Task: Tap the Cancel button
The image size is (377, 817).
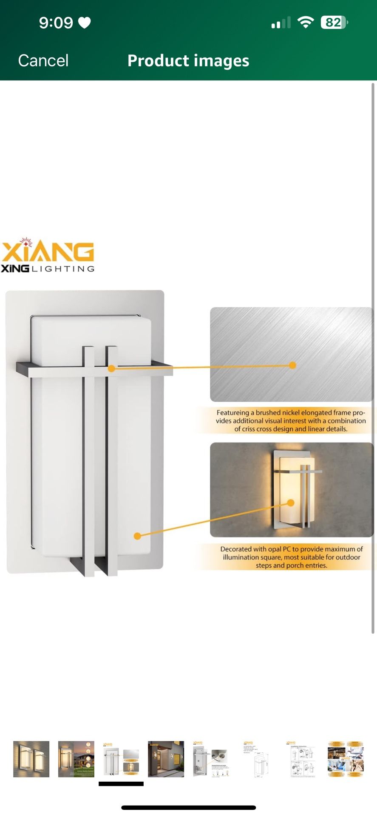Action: pyautogui.click(x=43, y=61)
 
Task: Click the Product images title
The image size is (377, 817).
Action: pyautogui.click(x=188, y=61)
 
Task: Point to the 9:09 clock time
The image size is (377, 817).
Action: pyautogui.click(x=56, y=23)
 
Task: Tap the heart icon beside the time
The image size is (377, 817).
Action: pyautogui.click(x=85, y=23)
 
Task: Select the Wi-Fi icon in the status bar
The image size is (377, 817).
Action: pyautogui.click(x=305, y=22)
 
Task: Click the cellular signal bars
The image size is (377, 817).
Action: pyautogui.click(x=281, y=23)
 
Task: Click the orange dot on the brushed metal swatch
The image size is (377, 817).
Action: pyautogui.click(x=292, y=365)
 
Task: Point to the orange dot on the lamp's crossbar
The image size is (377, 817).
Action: pyautogui.click(x=111, y=369)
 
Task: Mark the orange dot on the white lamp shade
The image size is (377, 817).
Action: pyautogui.click(x=137, y=536)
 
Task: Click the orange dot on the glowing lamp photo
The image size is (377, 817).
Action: pyautogui.click(x=291, y=503)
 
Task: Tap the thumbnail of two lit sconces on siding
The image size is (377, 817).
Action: pyautogui.click(x=31, y=759)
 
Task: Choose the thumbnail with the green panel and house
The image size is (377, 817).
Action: pyautogui.click(x=76, y=759)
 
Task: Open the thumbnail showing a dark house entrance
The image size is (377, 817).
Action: pyautogui.click(x=166, y=759)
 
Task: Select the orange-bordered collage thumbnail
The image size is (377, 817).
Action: pyautogui.click(x=346, y=759)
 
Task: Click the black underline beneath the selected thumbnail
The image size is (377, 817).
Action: pyautogui.click(x=121, y=784)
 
